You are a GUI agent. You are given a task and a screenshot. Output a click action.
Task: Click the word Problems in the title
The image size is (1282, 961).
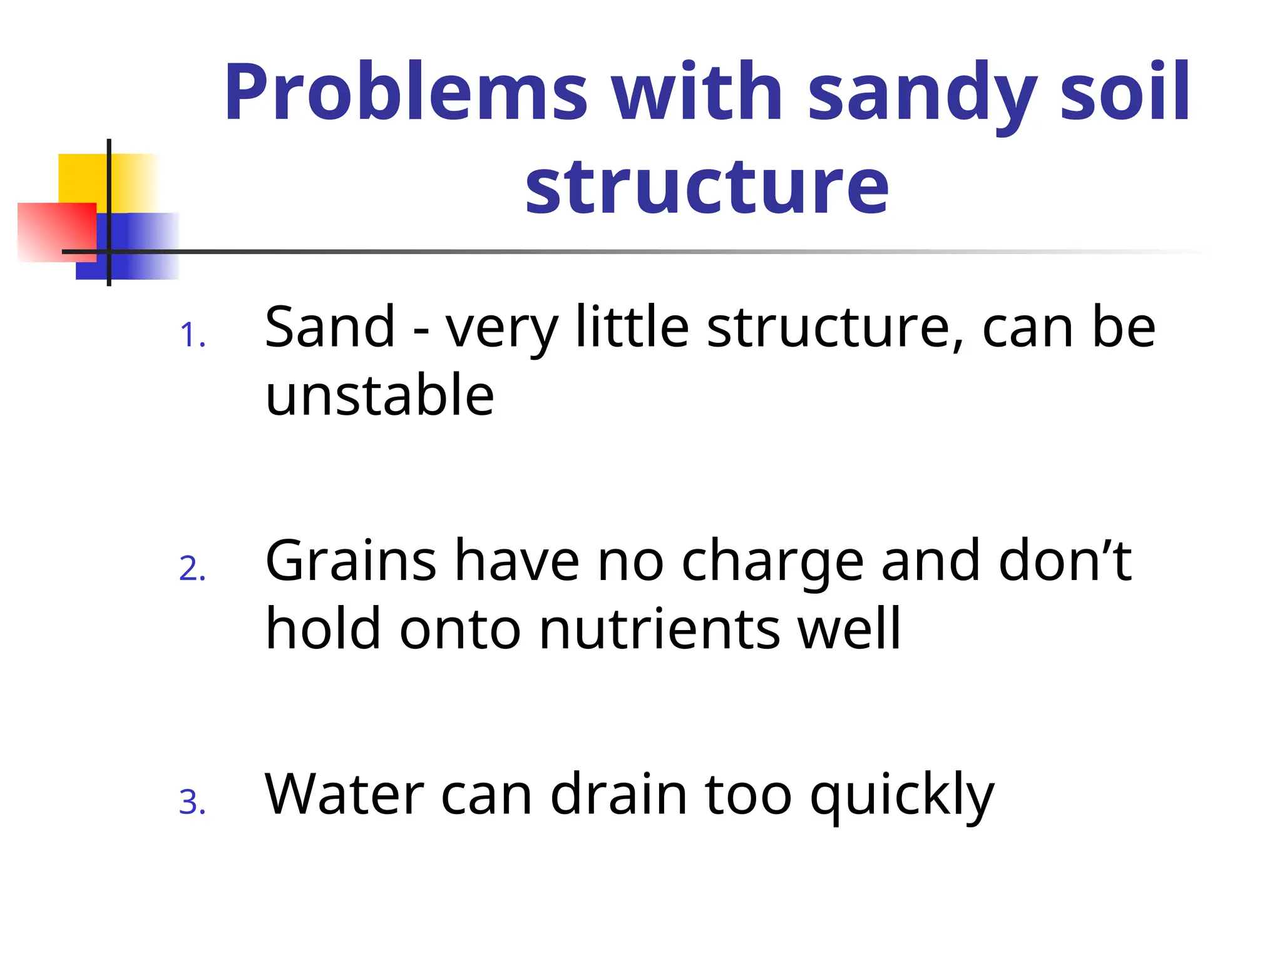406,93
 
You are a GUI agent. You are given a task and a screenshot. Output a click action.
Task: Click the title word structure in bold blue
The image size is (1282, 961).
707,186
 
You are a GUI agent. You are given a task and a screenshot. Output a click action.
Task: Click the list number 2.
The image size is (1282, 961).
192,569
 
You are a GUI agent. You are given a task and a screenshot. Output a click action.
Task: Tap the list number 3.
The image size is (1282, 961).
192,803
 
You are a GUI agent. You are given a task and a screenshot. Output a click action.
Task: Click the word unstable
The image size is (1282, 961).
379,395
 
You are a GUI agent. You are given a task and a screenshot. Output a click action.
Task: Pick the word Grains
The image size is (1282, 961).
351,561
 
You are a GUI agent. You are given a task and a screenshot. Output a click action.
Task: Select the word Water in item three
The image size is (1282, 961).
345,795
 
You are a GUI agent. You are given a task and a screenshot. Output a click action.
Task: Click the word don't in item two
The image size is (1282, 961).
1065,561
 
